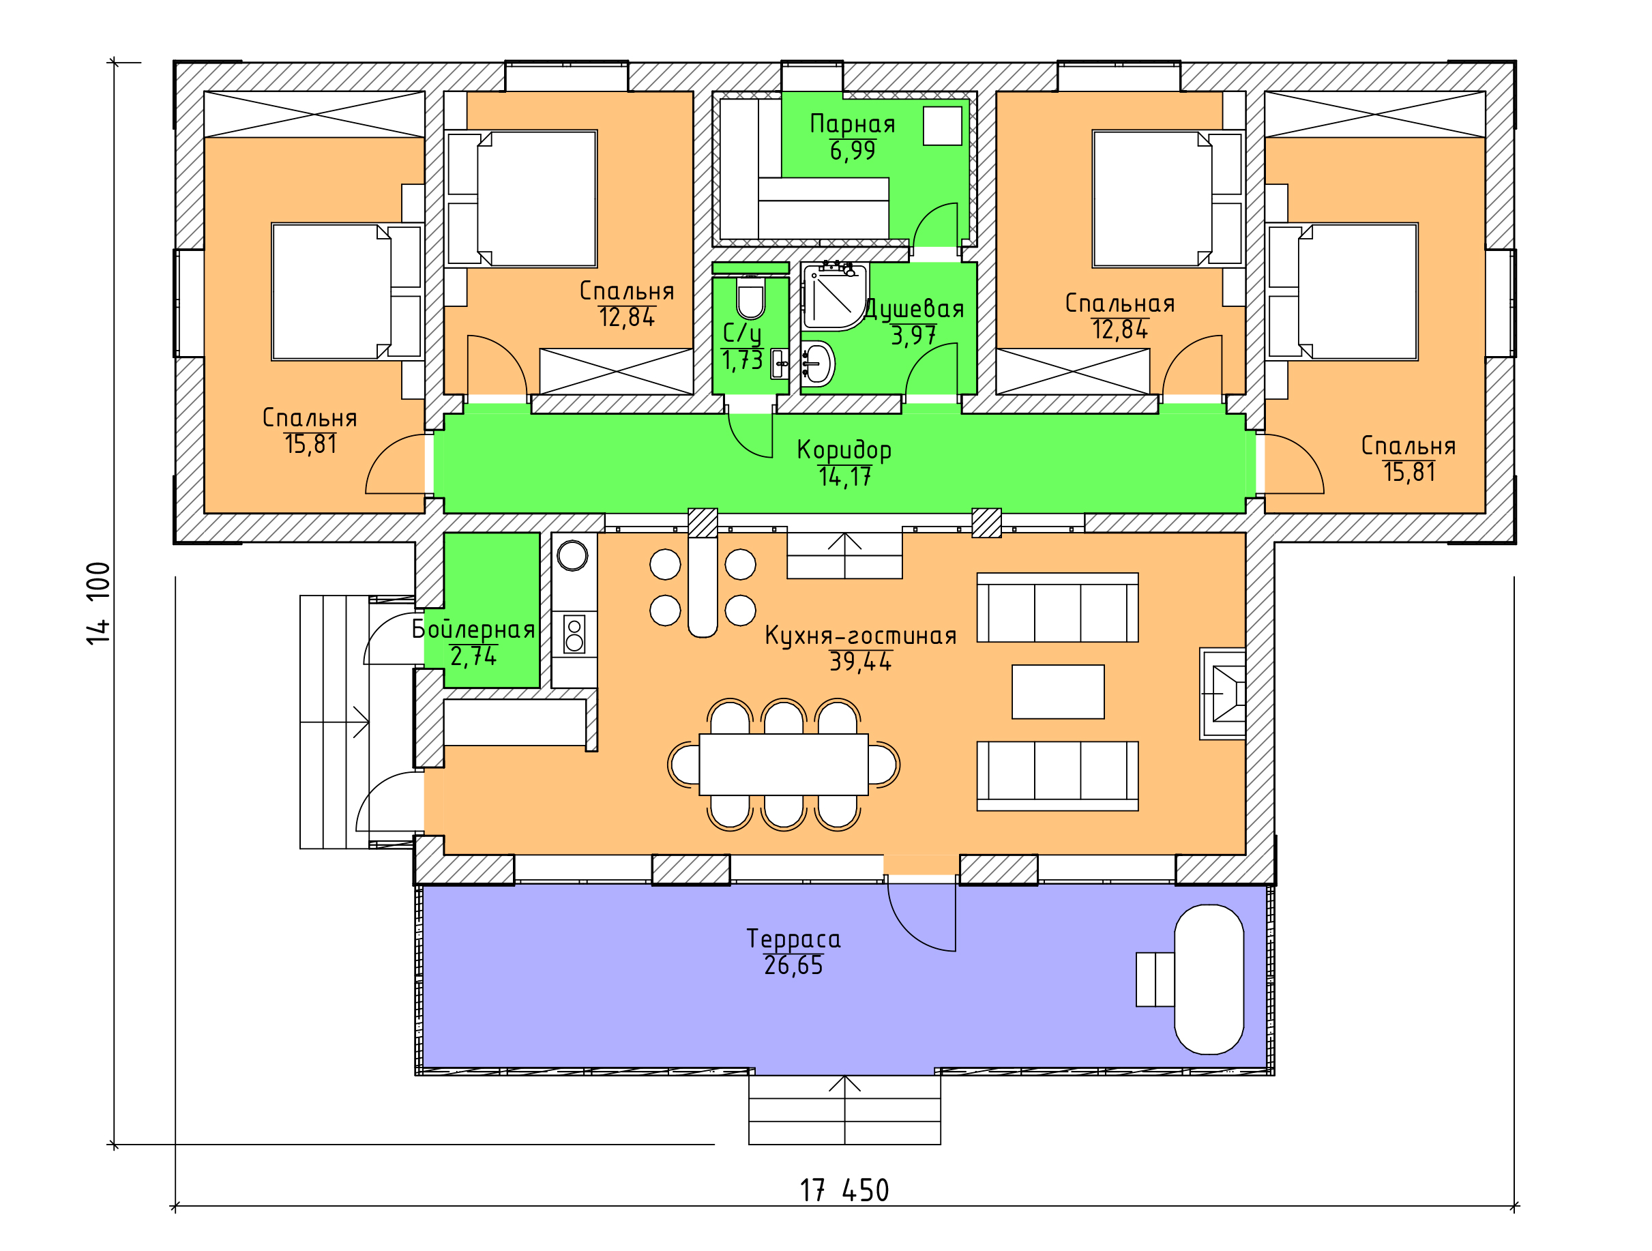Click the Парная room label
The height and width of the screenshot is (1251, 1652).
pyautogui.click(x=852, y=124)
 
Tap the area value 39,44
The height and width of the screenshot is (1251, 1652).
pyautogui.click(x=860, y=662)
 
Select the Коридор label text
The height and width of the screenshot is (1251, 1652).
pyautogui.click(x=844, y=450)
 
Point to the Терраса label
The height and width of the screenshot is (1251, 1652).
pyautogui.click(x=793, y=939)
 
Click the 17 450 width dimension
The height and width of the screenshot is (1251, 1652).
pyautogui.click(x=844, y=1190)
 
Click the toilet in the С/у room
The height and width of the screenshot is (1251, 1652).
pyautogui.click(x=750, y=299)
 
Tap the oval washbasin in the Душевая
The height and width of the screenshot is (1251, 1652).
pyautogui.click(x=818, y=364)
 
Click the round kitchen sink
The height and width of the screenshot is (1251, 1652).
pyautogui.click(x=572, y=555)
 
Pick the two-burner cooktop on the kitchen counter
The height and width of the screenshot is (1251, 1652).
pyautogui.click(x=574, y=634)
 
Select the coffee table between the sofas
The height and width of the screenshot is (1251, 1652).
pyautogui.click(x=1057, y=692)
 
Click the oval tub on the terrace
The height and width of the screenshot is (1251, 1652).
pyautogui.click(x=1209, y=979)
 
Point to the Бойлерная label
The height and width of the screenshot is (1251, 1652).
pyautogui.click(x=473, y=630)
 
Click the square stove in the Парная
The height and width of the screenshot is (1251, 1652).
pyautogui.click(x=942, y=126)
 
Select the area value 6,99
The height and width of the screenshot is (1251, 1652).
pyautogui.click(x=852, y=151)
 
